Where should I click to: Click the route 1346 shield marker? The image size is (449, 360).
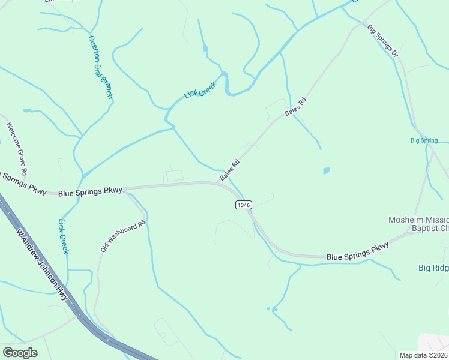point(244,205)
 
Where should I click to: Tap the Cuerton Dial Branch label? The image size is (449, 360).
point(100,67)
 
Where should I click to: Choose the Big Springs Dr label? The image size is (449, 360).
point(383,41)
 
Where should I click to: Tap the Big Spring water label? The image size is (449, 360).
point(424,140)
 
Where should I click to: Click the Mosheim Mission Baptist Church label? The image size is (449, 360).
point(418,223)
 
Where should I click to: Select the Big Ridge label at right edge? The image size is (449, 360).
point(433,268)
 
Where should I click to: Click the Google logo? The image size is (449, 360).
point(20,353)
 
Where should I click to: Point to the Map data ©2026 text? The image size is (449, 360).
point(424,355)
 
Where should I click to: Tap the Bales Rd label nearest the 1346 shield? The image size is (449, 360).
point(229,170)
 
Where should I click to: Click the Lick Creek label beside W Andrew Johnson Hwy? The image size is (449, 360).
point(63,236)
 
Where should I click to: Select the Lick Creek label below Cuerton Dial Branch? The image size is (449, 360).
point(200,91)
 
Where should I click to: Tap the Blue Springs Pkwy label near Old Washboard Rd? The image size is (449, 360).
point(90,191)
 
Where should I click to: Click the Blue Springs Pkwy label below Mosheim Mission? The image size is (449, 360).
point(358,251)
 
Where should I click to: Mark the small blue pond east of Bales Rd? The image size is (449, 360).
point(326,171)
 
